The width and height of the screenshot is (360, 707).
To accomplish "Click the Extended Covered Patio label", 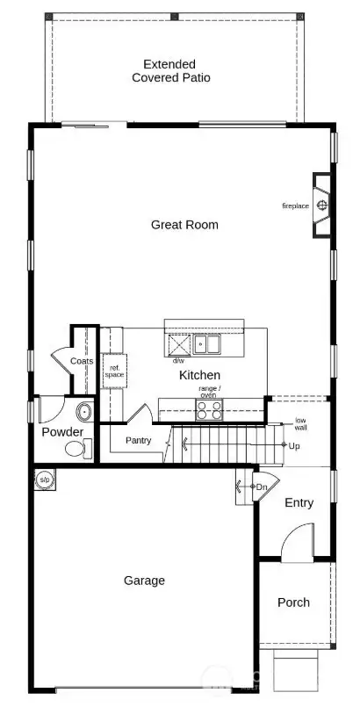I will point(171,70).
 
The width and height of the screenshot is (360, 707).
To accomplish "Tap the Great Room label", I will point(184,225).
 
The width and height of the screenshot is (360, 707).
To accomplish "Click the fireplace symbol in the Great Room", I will point(322,206).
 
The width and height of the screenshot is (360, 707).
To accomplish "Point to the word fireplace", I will point(295,206).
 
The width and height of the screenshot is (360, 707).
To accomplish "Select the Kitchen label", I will point(199,375).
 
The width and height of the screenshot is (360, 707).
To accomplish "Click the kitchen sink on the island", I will point(207,345).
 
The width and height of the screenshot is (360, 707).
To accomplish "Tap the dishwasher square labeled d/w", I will point(178,345).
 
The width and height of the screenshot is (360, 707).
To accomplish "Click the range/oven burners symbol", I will point(209,409).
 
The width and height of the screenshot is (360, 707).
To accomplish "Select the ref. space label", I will point(114,372).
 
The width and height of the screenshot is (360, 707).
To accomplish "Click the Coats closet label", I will point(82,361).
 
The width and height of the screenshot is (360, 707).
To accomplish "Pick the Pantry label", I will point(139,440).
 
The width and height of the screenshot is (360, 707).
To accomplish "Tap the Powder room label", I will point(62,432).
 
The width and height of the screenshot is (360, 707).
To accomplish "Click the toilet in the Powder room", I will point(76,450).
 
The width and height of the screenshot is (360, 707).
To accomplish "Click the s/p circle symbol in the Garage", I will point(44,480).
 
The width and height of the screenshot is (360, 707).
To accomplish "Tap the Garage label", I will point(144,581).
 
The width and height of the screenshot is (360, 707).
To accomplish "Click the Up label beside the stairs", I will point(294,446).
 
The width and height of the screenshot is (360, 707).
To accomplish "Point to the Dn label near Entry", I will point(261,487).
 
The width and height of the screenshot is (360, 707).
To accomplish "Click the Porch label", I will point(293,602).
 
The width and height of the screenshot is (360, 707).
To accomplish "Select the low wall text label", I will point(300,424).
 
